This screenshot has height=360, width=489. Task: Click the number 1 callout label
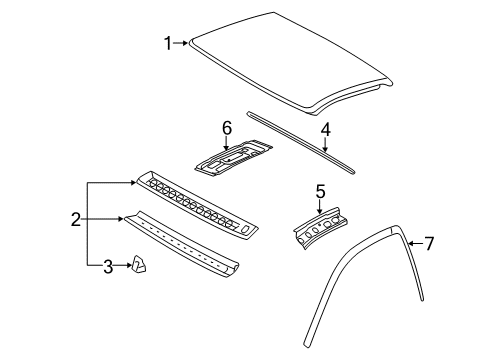tap(168, 42)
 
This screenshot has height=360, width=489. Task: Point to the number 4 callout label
tap(325, 129)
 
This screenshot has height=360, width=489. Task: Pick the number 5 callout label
tap(320, 190)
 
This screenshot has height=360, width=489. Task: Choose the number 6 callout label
tap(226, 128)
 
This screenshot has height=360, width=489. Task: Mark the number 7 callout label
tap(429, 243)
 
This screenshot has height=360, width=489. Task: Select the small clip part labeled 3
tap(138, 264)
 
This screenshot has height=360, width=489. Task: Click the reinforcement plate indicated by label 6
tap(233, 157)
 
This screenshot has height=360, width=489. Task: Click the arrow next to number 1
tap(182, 42)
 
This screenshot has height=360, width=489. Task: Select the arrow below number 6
tap(226, 143)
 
